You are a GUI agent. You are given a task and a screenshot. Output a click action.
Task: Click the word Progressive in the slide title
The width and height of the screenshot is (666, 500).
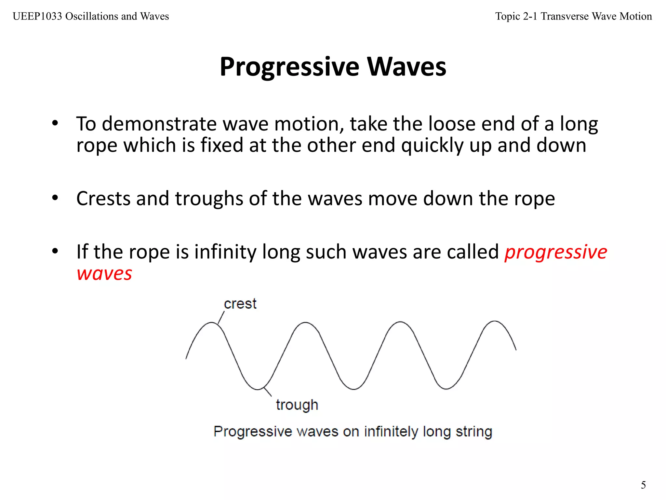[x=289, y=67]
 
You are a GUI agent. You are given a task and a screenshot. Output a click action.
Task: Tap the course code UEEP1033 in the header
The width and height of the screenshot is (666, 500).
[x=37, y=16]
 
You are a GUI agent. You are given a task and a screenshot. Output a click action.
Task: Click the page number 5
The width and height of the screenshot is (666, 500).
[x=643, y=485]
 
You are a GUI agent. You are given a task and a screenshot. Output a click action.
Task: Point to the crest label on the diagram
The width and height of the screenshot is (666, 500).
[x=240, y=304]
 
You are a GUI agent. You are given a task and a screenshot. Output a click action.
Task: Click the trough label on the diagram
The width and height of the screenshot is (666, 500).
[x=297, y=405]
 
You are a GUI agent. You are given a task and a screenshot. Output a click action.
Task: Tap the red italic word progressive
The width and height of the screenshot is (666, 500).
[x=555, y=252]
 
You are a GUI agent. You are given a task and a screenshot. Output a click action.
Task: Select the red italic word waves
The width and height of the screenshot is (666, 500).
[x=104, y=273]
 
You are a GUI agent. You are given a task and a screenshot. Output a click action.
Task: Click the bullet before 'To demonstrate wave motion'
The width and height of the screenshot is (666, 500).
[x=55, y=123]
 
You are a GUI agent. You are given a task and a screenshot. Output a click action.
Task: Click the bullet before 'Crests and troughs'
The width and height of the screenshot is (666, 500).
[x=55, y=198]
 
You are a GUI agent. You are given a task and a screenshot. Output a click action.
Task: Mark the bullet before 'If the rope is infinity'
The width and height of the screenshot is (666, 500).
[x=55, y=251]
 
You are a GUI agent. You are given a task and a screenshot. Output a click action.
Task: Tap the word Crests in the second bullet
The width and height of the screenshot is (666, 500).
[x=103, y=199]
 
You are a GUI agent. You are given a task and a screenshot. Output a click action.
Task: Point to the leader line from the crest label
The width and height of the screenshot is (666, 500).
[x=221, y=317]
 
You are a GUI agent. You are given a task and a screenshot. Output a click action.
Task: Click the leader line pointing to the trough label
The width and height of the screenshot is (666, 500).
[x=268, y=392]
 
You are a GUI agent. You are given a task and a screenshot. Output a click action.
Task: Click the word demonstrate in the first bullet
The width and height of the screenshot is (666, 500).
[x=159, y=124]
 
